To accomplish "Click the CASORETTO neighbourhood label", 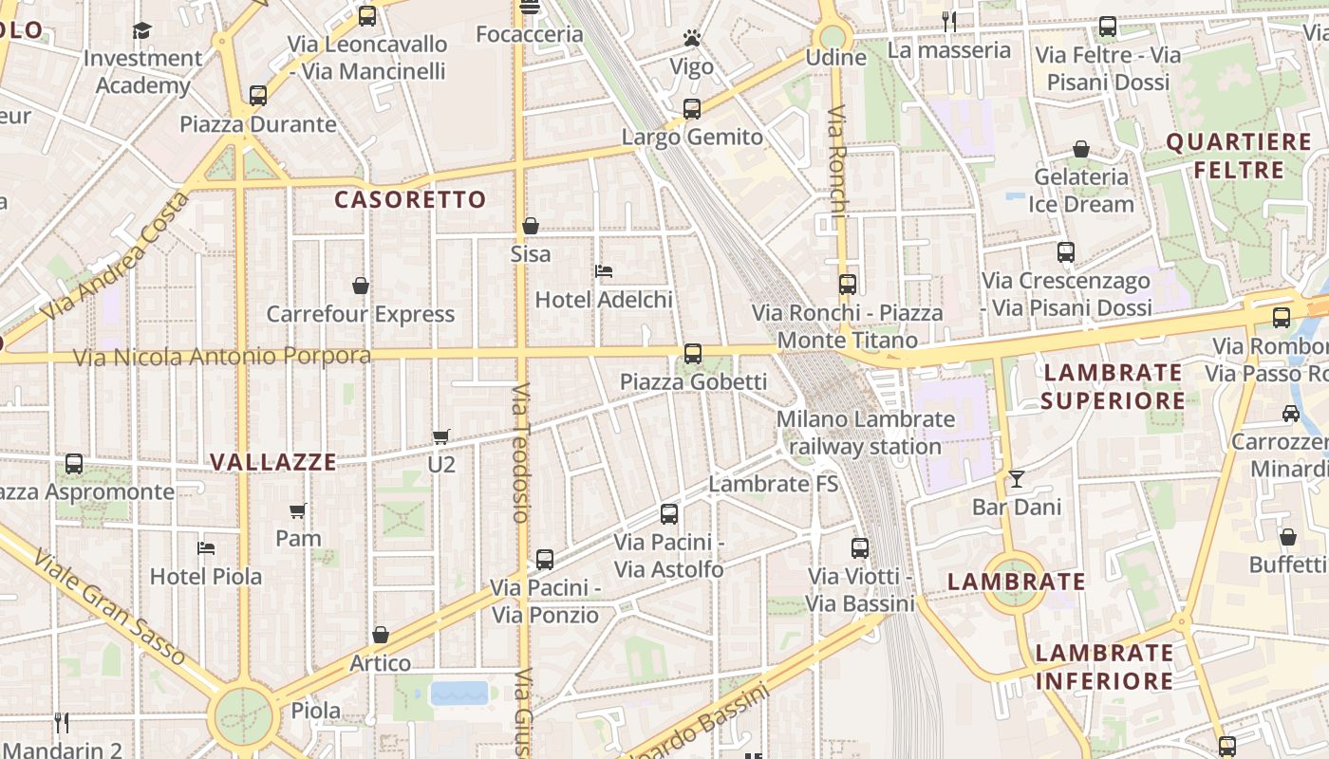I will point(410,200).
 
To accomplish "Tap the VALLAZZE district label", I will point(272,462).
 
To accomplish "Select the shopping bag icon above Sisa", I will point(531,227).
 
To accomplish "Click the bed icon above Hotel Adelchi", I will point(604,271).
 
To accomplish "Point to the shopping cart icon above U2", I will point(440,436).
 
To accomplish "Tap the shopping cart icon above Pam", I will point(298,511).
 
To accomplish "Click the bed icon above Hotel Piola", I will point(206,548).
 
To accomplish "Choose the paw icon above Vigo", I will point(692,39).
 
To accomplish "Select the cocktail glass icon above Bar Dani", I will point(1017,479).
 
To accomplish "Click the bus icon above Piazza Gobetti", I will point(693,354).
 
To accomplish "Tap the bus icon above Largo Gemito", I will point(692,109).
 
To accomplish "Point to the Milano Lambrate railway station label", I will point(865,433).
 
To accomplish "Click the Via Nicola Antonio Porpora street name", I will point(223,357).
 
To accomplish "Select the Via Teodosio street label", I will point(520,453).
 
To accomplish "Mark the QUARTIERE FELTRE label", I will point(1238,157).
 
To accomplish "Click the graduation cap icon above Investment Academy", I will point(142,30).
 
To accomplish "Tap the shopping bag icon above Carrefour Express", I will point(361,286).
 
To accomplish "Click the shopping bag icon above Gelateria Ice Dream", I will point(1080,149).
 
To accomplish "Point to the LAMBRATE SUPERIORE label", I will point(1113,386).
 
